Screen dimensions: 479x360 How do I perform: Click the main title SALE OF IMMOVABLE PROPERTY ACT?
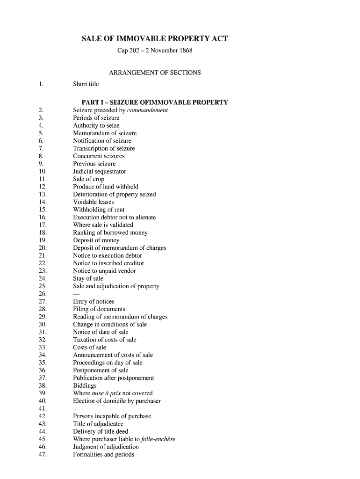coord(155,38)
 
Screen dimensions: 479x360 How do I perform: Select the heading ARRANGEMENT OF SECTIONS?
coord(155,73)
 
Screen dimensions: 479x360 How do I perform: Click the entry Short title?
coord(86,84)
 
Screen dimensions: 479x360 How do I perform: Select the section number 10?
coord(43,172)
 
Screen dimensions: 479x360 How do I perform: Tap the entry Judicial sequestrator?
coord(100,172)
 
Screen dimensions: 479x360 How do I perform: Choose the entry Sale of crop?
coord(89,179)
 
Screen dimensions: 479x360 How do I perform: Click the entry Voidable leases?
coord(94,202)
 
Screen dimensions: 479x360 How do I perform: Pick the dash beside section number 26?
coord(76,294)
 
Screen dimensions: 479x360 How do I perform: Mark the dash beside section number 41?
coord(76,408)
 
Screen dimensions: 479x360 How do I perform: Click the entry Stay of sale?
coord(88,278)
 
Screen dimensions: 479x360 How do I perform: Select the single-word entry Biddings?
coord(85,385)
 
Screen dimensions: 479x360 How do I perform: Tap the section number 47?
coord(43,454)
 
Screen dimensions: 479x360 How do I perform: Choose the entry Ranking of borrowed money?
coord(110,232)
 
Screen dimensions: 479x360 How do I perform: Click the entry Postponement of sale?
coord(101,370)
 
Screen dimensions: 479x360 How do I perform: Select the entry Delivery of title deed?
coord(101,431)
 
